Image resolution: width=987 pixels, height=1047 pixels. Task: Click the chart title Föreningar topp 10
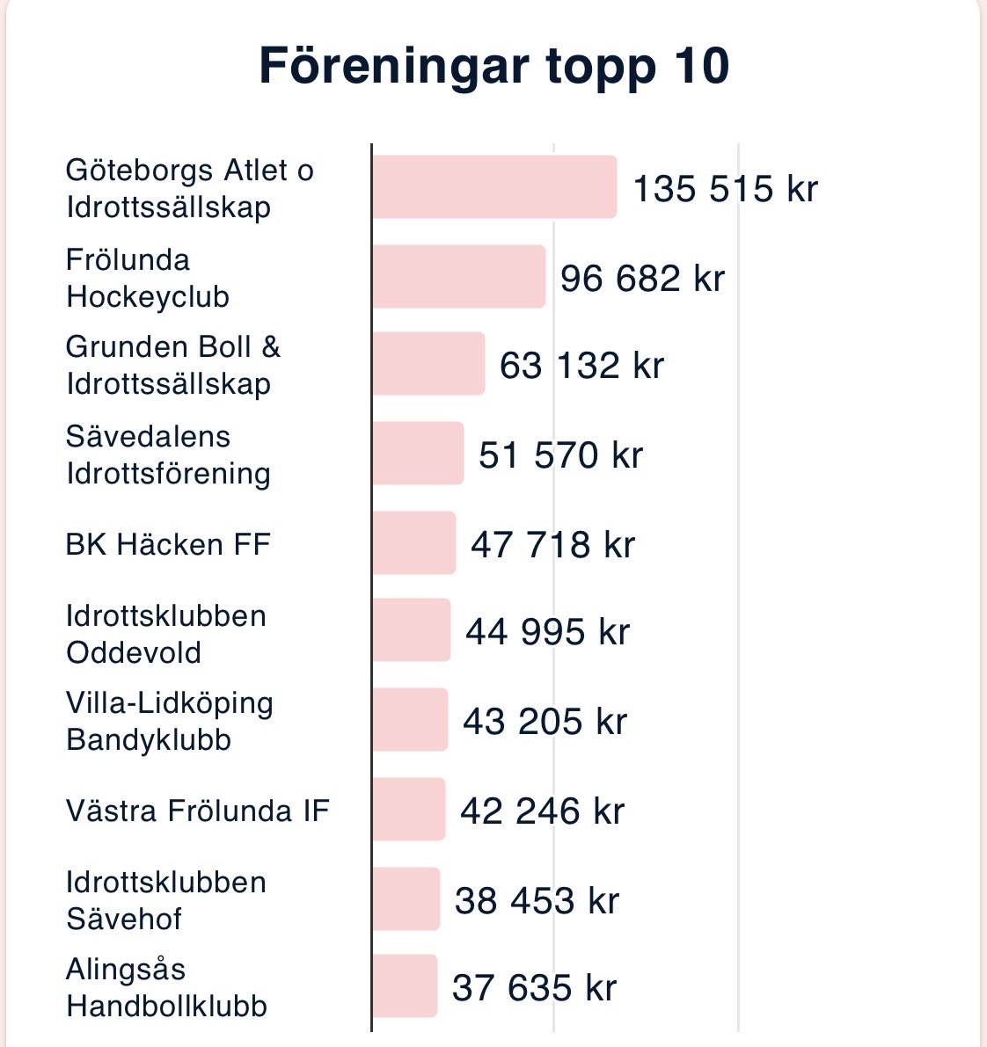coord(493,67)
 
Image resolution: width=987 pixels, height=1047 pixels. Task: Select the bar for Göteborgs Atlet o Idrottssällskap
coord(493,187)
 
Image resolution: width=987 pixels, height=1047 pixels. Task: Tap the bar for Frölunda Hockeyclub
coord(458,277)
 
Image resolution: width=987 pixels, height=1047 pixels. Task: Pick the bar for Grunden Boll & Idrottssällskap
coord(428,364)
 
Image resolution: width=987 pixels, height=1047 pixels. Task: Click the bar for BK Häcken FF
coord(413,543)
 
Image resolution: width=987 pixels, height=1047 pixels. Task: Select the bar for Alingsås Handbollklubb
coord(405,986)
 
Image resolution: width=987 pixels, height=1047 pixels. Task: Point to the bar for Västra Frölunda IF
coord(408,810)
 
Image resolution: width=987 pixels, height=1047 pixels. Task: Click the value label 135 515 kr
coord(725,189)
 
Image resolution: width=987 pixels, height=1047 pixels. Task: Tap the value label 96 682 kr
coord(642,279)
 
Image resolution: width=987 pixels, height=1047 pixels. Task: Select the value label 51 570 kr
coord(560,455)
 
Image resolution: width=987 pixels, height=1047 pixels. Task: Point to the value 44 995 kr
coord(547,632)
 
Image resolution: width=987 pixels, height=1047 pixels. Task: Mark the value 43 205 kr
coord(545,722)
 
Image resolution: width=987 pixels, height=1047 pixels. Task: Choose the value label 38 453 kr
coord(537,901)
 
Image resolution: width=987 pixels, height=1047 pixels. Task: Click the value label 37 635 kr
coord(534,987)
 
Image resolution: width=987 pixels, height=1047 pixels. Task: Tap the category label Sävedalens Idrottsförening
coord(168,454)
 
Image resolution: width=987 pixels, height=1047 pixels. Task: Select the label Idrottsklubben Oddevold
coord(165,634)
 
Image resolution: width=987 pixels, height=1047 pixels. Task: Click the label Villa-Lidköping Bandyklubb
coord(169,721)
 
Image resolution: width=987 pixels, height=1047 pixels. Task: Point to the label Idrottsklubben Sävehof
coord(165,900)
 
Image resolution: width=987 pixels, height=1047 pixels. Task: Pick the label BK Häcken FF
coord(168,545)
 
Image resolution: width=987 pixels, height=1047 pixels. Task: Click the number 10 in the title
coord(702,67)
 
